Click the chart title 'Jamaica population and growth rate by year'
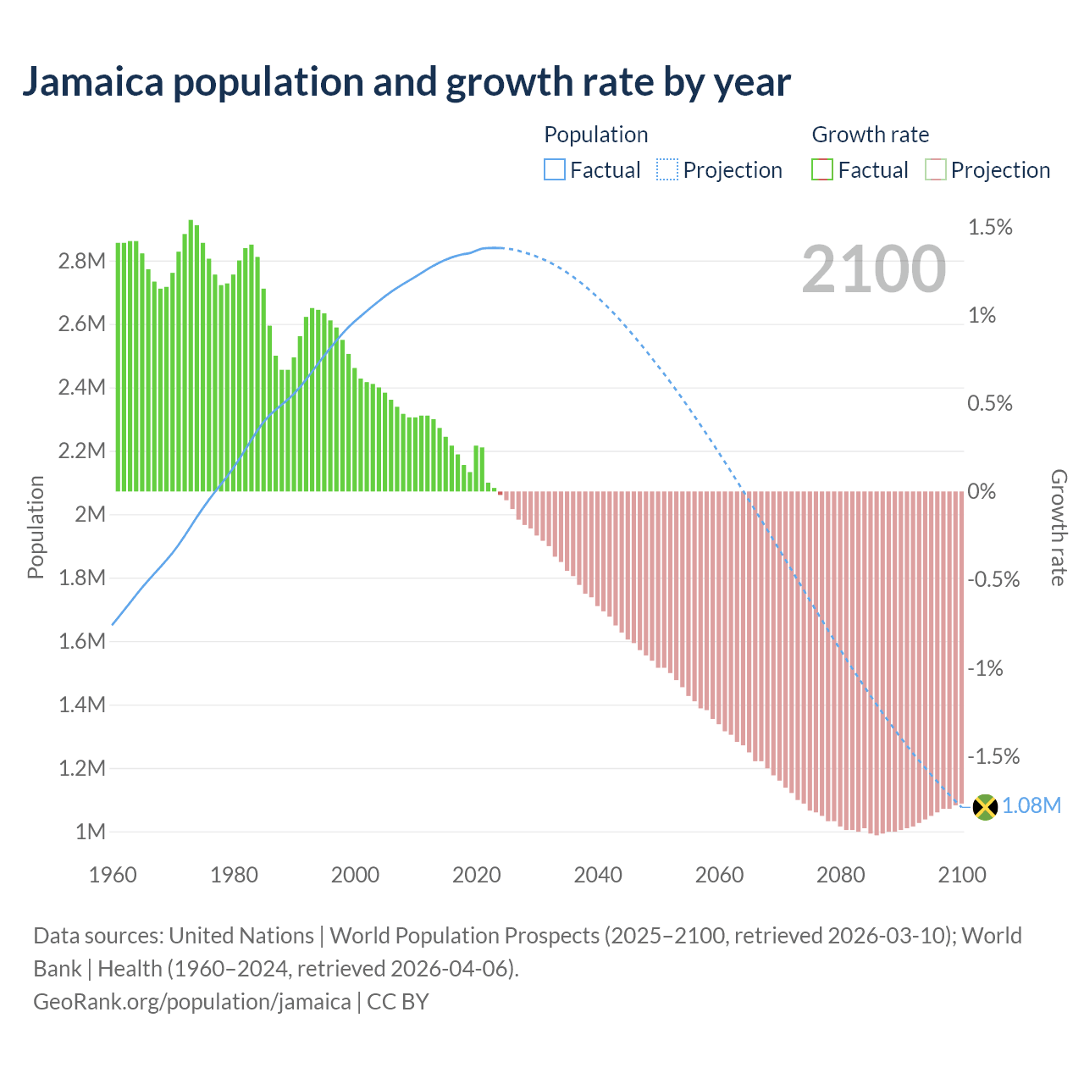click(x=406, y=82)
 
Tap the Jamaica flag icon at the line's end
click(x=985, y=806)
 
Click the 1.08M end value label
click(x=1031, y=805)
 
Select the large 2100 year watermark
click(x=873, y=269)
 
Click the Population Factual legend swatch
click(x=554, y=170)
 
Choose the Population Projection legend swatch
click(x=667, y=170)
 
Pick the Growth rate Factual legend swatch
click(x=822, y=170)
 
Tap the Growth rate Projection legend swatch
click(x=935, y=170)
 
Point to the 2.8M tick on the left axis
click(x=81, y=261)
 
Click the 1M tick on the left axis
click(x=90, y=832)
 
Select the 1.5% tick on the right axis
click(x=990, y=227)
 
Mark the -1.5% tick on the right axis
click(x=993, y=756)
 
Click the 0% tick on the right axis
click(x=982, y=492)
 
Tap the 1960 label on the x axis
click(x=113, y=875)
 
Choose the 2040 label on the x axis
click(x=598, y=875)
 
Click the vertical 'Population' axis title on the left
click(x=36, y=527)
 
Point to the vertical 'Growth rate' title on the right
click(x=1059, y=528)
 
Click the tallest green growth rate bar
click(x=191, y=356)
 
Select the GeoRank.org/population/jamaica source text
click(x=191, y=1002)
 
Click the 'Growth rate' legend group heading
click(x=870, y=135)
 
